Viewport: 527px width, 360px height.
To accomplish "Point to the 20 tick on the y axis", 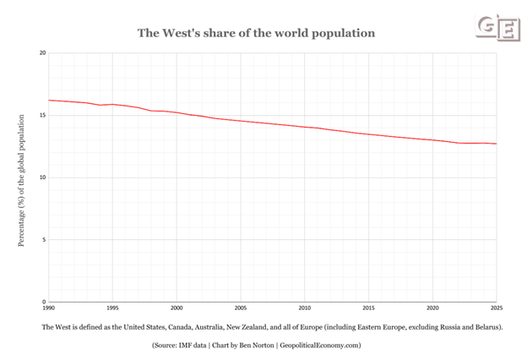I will tap(42, 53).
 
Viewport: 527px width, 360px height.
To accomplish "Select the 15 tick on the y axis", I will tap(42, 115).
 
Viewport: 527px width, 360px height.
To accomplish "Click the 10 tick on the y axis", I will tap(42, 177).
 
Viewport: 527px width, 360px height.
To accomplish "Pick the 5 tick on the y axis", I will tap(44, 239).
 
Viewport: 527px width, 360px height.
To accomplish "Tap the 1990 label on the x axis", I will tap(48, 308).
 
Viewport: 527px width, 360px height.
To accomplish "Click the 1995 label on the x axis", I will tap(112, 308).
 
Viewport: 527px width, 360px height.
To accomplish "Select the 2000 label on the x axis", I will tap(177, 308).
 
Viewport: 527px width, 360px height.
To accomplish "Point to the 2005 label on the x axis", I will tap(241, 308).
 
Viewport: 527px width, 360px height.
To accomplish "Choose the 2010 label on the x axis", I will tap(305, 308).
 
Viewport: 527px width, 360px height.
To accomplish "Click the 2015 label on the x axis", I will tap(369, 308).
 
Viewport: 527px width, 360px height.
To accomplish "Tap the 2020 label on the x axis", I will tap(432, 308).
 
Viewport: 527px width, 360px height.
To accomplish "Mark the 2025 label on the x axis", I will tap(496, 308).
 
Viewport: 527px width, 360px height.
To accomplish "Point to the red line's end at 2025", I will tap(496, 144).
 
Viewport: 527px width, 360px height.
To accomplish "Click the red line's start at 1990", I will tap(48, 100).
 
